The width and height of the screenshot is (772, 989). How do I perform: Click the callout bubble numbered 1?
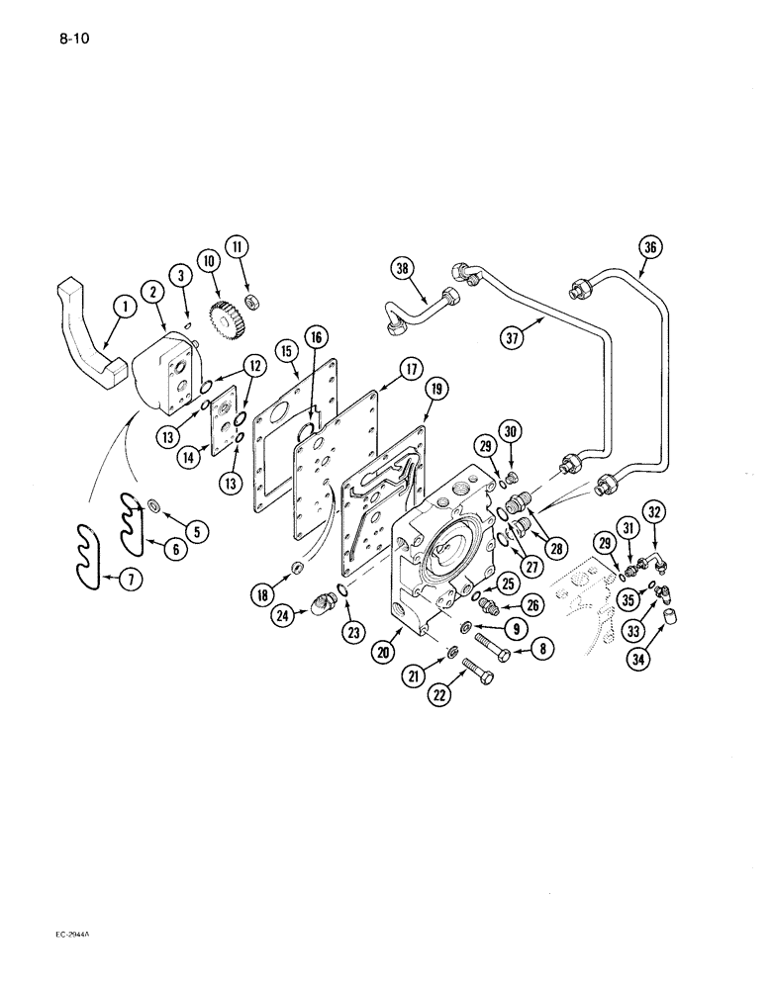tap(125, 309)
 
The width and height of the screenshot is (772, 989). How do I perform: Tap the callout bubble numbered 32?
tap(653, 511)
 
